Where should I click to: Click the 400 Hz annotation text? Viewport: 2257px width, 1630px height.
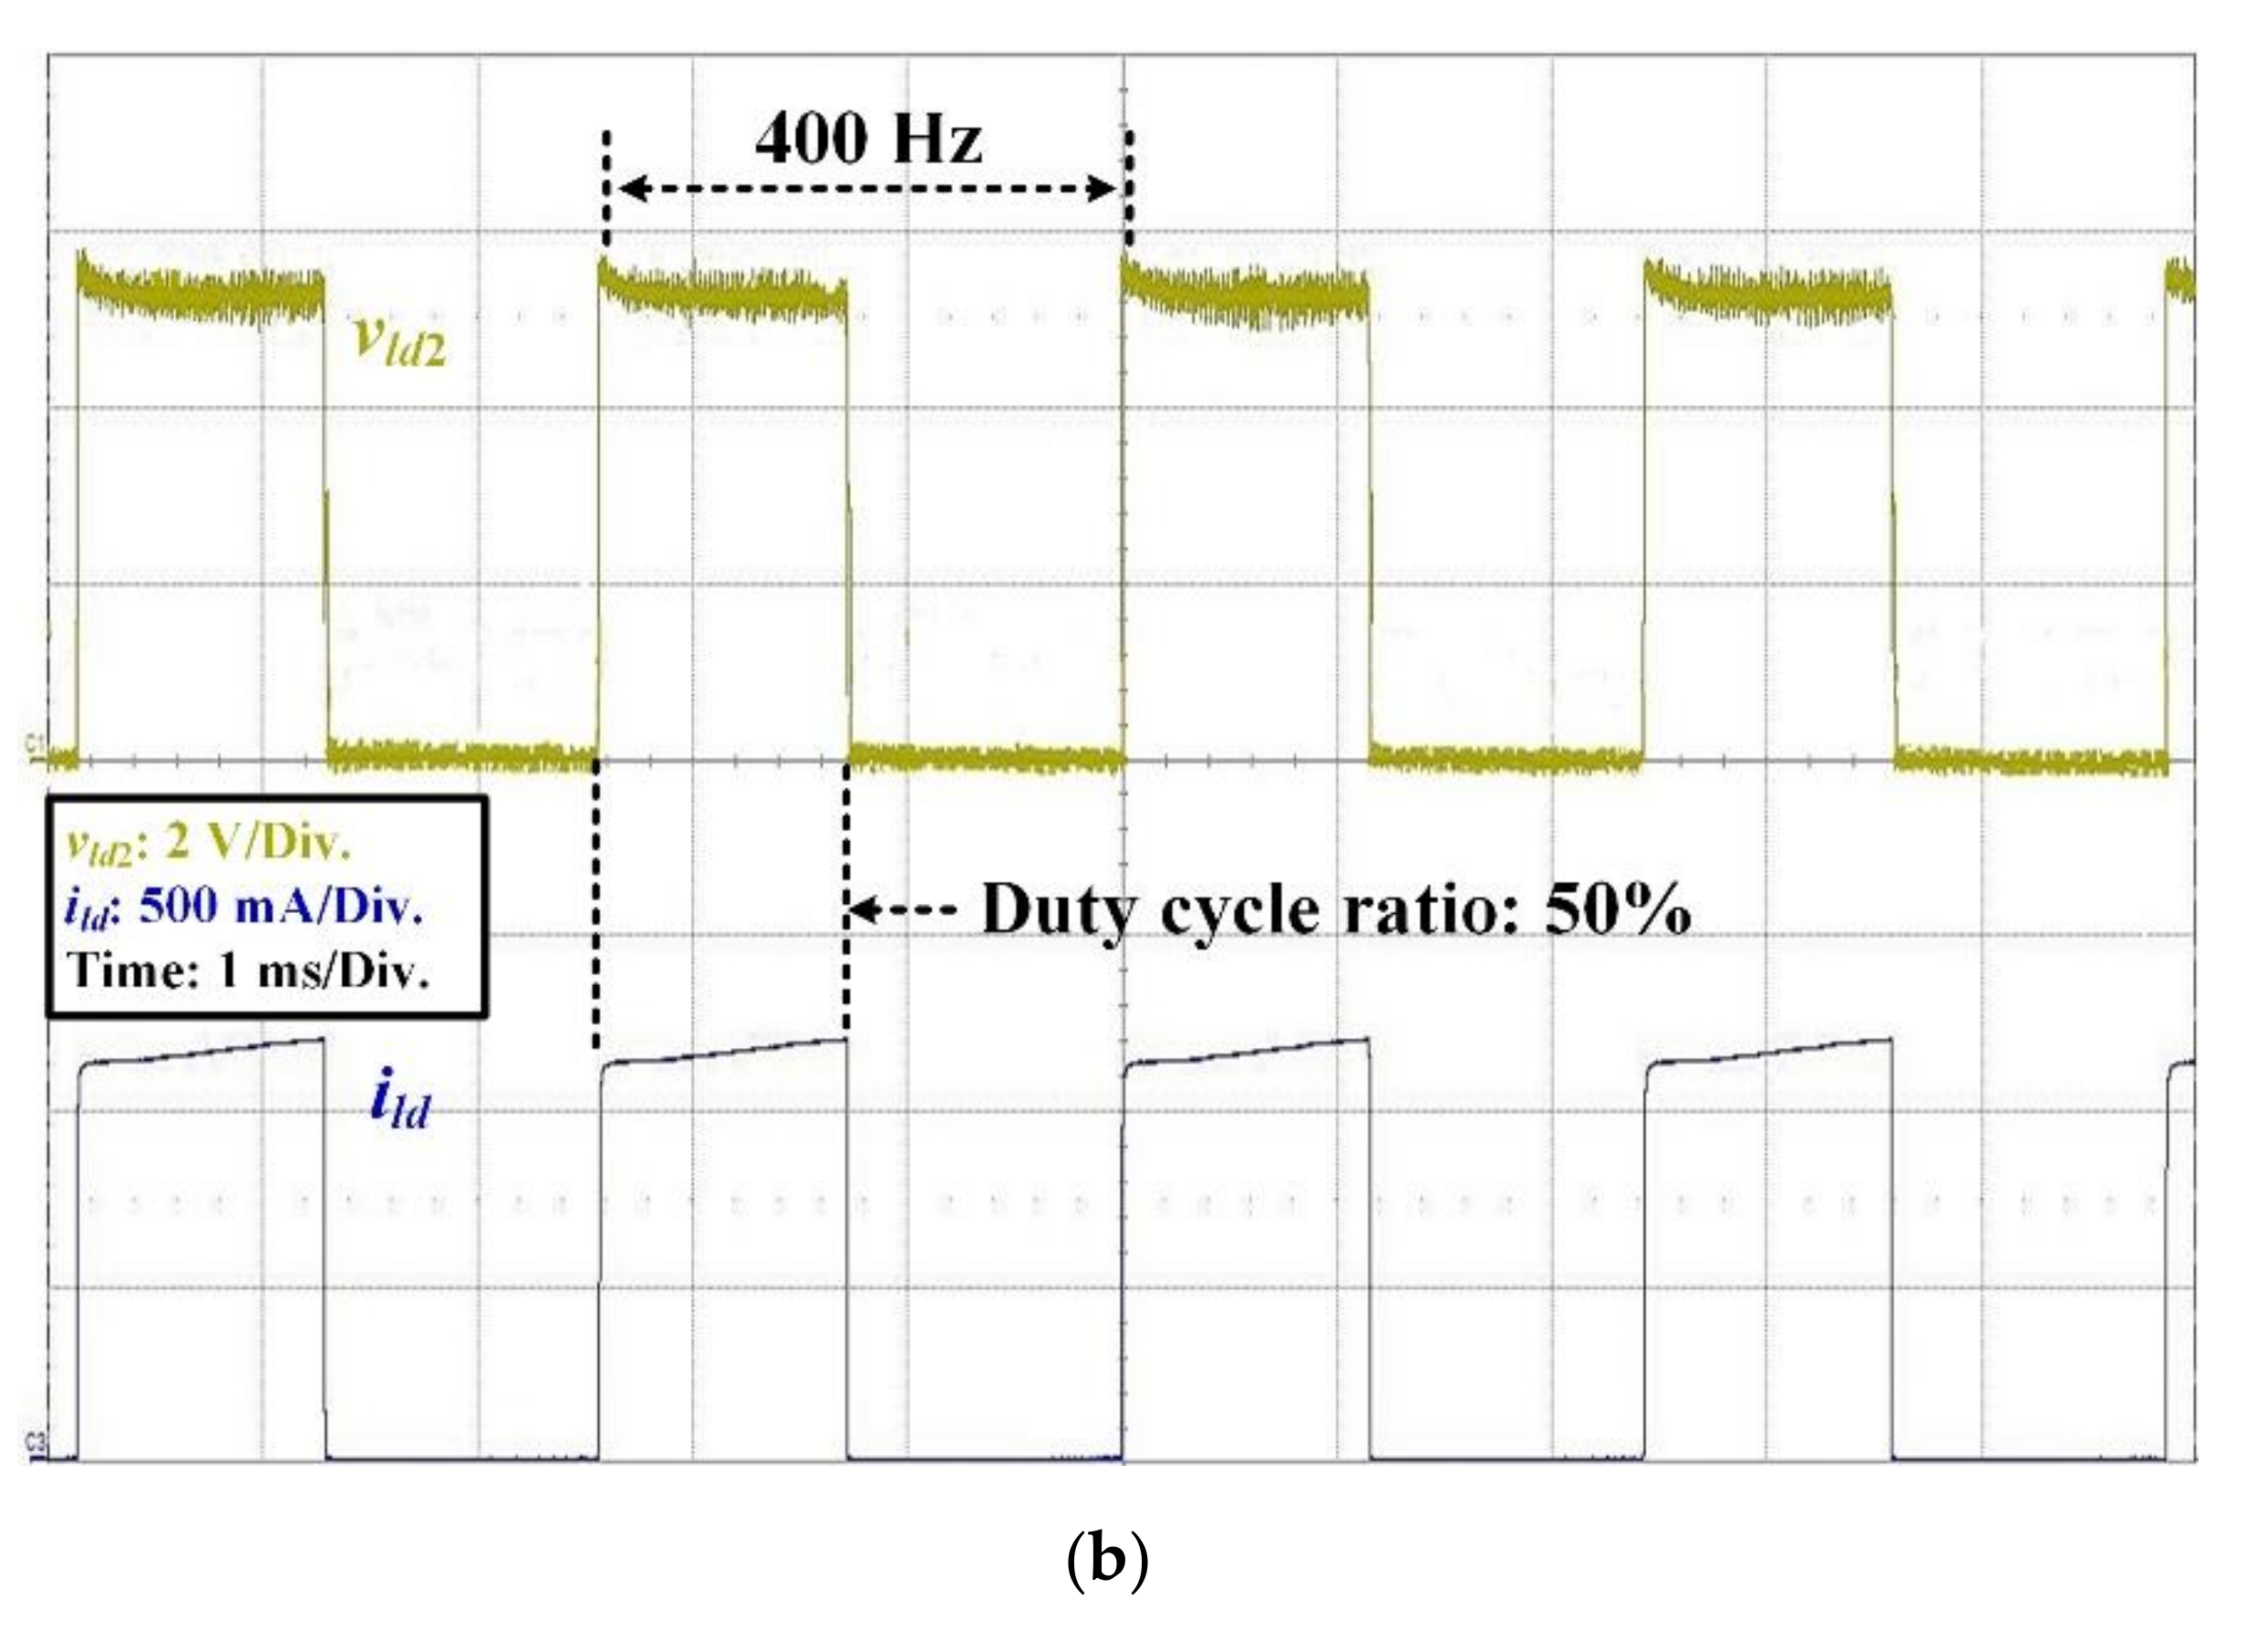point(868,140)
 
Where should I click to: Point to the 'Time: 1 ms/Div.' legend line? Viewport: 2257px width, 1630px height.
point(250,969)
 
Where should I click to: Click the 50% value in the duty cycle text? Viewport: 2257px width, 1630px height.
point(1616,909)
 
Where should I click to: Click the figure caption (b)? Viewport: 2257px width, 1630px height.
point(1106,1561)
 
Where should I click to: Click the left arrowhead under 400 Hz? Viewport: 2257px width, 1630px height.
point(633,188)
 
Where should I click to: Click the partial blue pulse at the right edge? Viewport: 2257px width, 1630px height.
point(2179,1075)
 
